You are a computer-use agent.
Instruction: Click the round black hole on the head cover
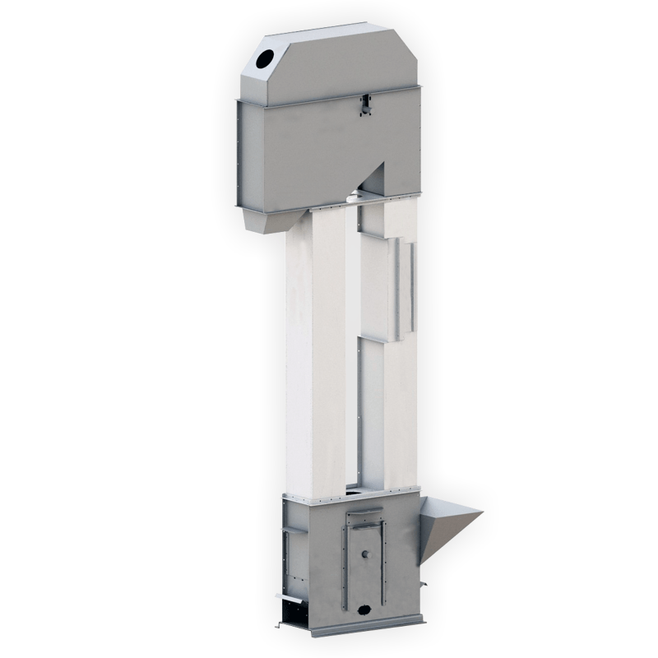point(266,58)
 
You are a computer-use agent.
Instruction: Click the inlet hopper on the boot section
point(448,526)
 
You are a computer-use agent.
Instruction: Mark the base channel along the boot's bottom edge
point(362,629)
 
